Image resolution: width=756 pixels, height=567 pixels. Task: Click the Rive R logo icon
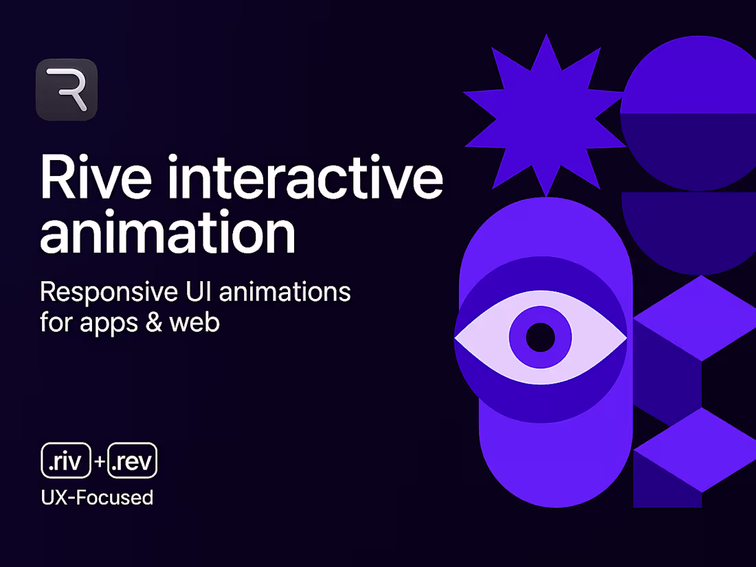[x=67, y=90]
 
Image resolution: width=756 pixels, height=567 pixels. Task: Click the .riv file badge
[x=66, y=461]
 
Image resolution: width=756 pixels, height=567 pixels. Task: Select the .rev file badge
[x=133, y=461]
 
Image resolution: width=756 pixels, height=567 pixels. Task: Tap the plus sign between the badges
[x=100, y=462]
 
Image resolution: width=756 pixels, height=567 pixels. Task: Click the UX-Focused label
[x=97, y=496]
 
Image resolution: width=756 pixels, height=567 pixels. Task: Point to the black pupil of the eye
[x=540, y=337]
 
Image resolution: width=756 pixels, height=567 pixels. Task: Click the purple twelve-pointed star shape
[x=544, y=114]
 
